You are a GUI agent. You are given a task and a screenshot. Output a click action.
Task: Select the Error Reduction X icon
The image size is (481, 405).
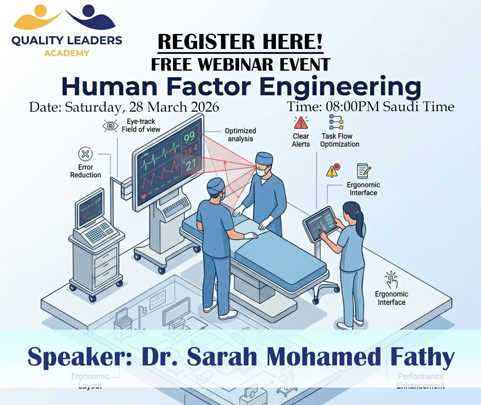coord(85,154)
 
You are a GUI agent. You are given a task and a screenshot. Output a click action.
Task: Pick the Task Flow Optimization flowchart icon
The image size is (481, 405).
coord(336,123)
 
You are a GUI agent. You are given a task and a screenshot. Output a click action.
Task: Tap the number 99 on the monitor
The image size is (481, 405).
coord(190,138)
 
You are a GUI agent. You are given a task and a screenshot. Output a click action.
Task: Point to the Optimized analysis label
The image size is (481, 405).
coord(240,135)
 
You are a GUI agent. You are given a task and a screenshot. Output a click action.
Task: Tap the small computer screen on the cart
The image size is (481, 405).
coord(90,207)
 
